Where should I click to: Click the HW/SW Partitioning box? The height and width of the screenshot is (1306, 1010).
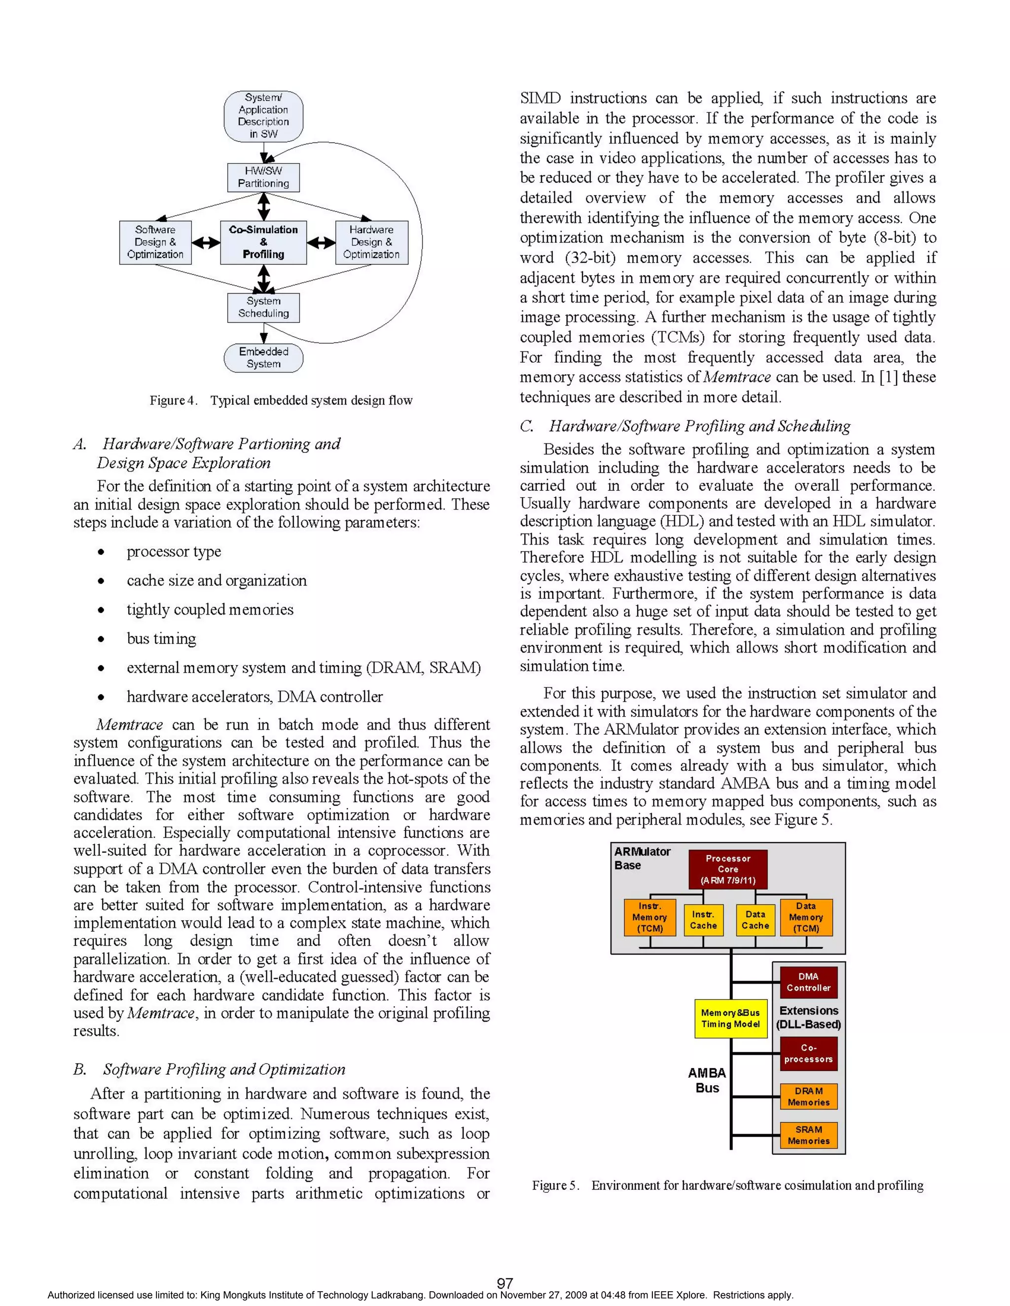(x=263, y=177)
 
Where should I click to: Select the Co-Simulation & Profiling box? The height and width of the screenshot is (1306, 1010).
(x=263, y=242)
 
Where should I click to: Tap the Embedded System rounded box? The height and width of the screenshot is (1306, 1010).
(x=263, y=358)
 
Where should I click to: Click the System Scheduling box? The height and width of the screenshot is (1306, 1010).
(x=263, y=308)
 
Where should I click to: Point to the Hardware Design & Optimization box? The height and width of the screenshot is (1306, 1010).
(x=371, y=242)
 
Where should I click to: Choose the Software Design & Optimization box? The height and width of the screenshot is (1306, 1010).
(x=155, y=242)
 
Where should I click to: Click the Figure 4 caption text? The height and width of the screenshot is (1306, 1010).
(x=281, y=401)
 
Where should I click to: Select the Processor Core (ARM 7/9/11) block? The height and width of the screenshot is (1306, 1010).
(x=727, y=869)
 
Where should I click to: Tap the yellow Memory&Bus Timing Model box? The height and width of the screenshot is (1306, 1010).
(x=730, y=1018)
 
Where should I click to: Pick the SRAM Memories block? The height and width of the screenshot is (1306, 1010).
(x=808, y=1135)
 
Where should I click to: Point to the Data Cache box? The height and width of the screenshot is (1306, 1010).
(x=755, y=920)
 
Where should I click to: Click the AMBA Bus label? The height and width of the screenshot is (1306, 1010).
(x=707, y=1080)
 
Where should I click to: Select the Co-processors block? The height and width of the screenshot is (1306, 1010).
(x=808, y=1053)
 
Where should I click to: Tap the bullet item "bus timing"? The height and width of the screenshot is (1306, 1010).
(x=161, y=639)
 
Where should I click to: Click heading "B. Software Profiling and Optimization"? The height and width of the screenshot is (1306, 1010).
(x=210, y=1069)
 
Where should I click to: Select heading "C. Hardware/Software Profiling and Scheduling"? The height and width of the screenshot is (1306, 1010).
(x=685, y=426)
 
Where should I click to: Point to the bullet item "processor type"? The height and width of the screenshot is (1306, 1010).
(x=174, y=551)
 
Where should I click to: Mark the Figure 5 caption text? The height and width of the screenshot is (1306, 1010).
(x=727, y=1185)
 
